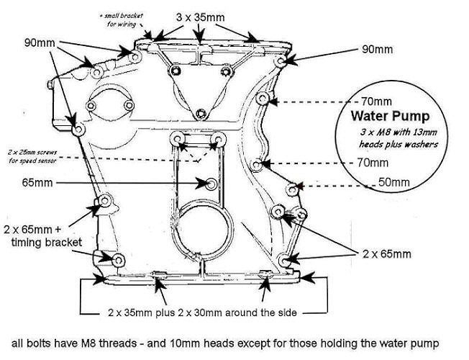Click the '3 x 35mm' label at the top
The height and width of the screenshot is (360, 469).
click(x=199, y=16)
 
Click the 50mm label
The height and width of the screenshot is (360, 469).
click(x=394, y=183)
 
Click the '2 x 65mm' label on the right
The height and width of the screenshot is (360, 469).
click(x=387, y=253)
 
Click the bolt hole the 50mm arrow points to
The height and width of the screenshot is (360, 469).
click(x=291, y=189)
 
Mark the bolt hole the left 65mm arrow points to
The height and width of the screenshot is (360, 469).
click(x=209, y=184)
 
